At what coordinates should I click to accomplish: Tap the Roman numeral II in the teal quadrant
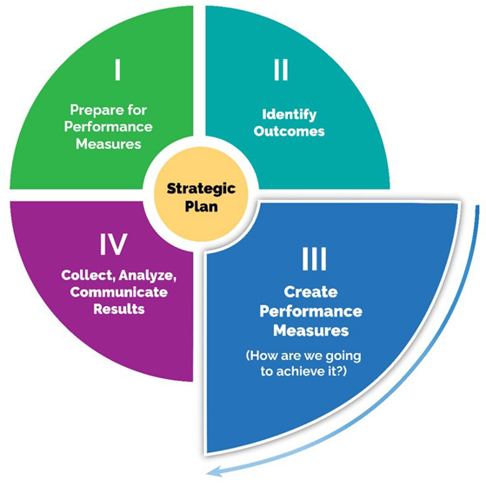point(281,69)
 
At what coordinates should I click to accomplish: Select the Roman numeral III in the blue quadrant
point(315,259)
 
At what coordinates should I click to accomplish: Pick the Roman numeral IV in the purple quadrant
point(114,244)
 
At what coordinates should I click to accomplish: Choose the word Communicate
point(114,292)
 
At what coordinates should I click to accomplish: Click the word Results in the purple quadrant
point(114,309)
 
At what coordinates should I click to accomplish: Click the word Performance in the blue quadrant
point(315,311)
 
